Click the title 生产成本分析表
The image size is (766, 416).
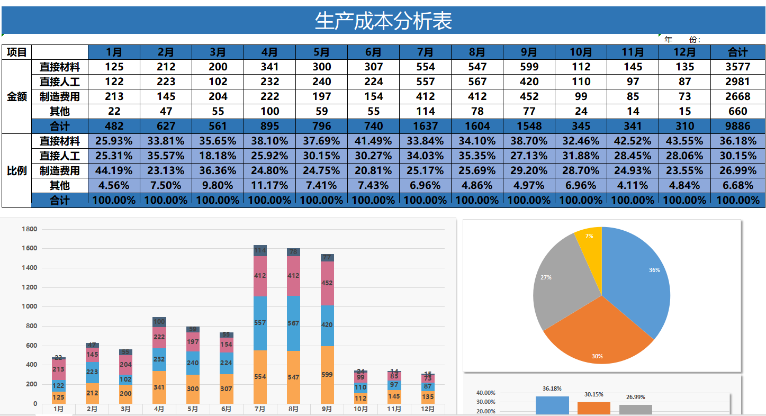point(383,22)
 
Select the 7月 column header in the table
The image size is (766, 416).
point(425,52)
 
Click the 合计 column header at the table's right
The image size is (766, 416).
point(737,52)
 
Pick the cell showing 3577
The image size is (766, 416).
point(737,67)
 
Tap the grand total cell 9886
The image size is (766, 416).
point(737,126)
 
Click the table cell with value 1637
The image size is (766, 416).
point(425,126)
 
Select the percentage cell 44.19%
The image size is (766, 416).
point(114,170)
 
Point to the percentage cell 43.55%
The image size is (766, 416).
point(684,141)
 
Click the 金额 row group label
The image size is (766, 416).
point(16,97)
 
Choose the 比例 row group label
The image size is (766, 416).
point(16,171)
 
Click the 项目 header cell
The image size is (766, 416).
point(16,52)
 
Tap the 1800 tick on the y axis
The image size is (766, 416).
point(29,229)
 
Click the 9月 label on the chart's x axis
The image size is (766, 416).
point(327,409)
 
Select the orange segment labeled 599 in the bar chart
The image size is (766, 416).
point(327,375)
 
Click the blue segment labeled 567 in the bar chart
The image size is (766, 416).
point(293,323)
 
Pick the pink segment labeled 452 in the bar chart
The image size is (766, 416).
point(327,283)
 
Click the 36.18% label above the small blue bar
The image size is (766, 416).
point(552,388)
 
